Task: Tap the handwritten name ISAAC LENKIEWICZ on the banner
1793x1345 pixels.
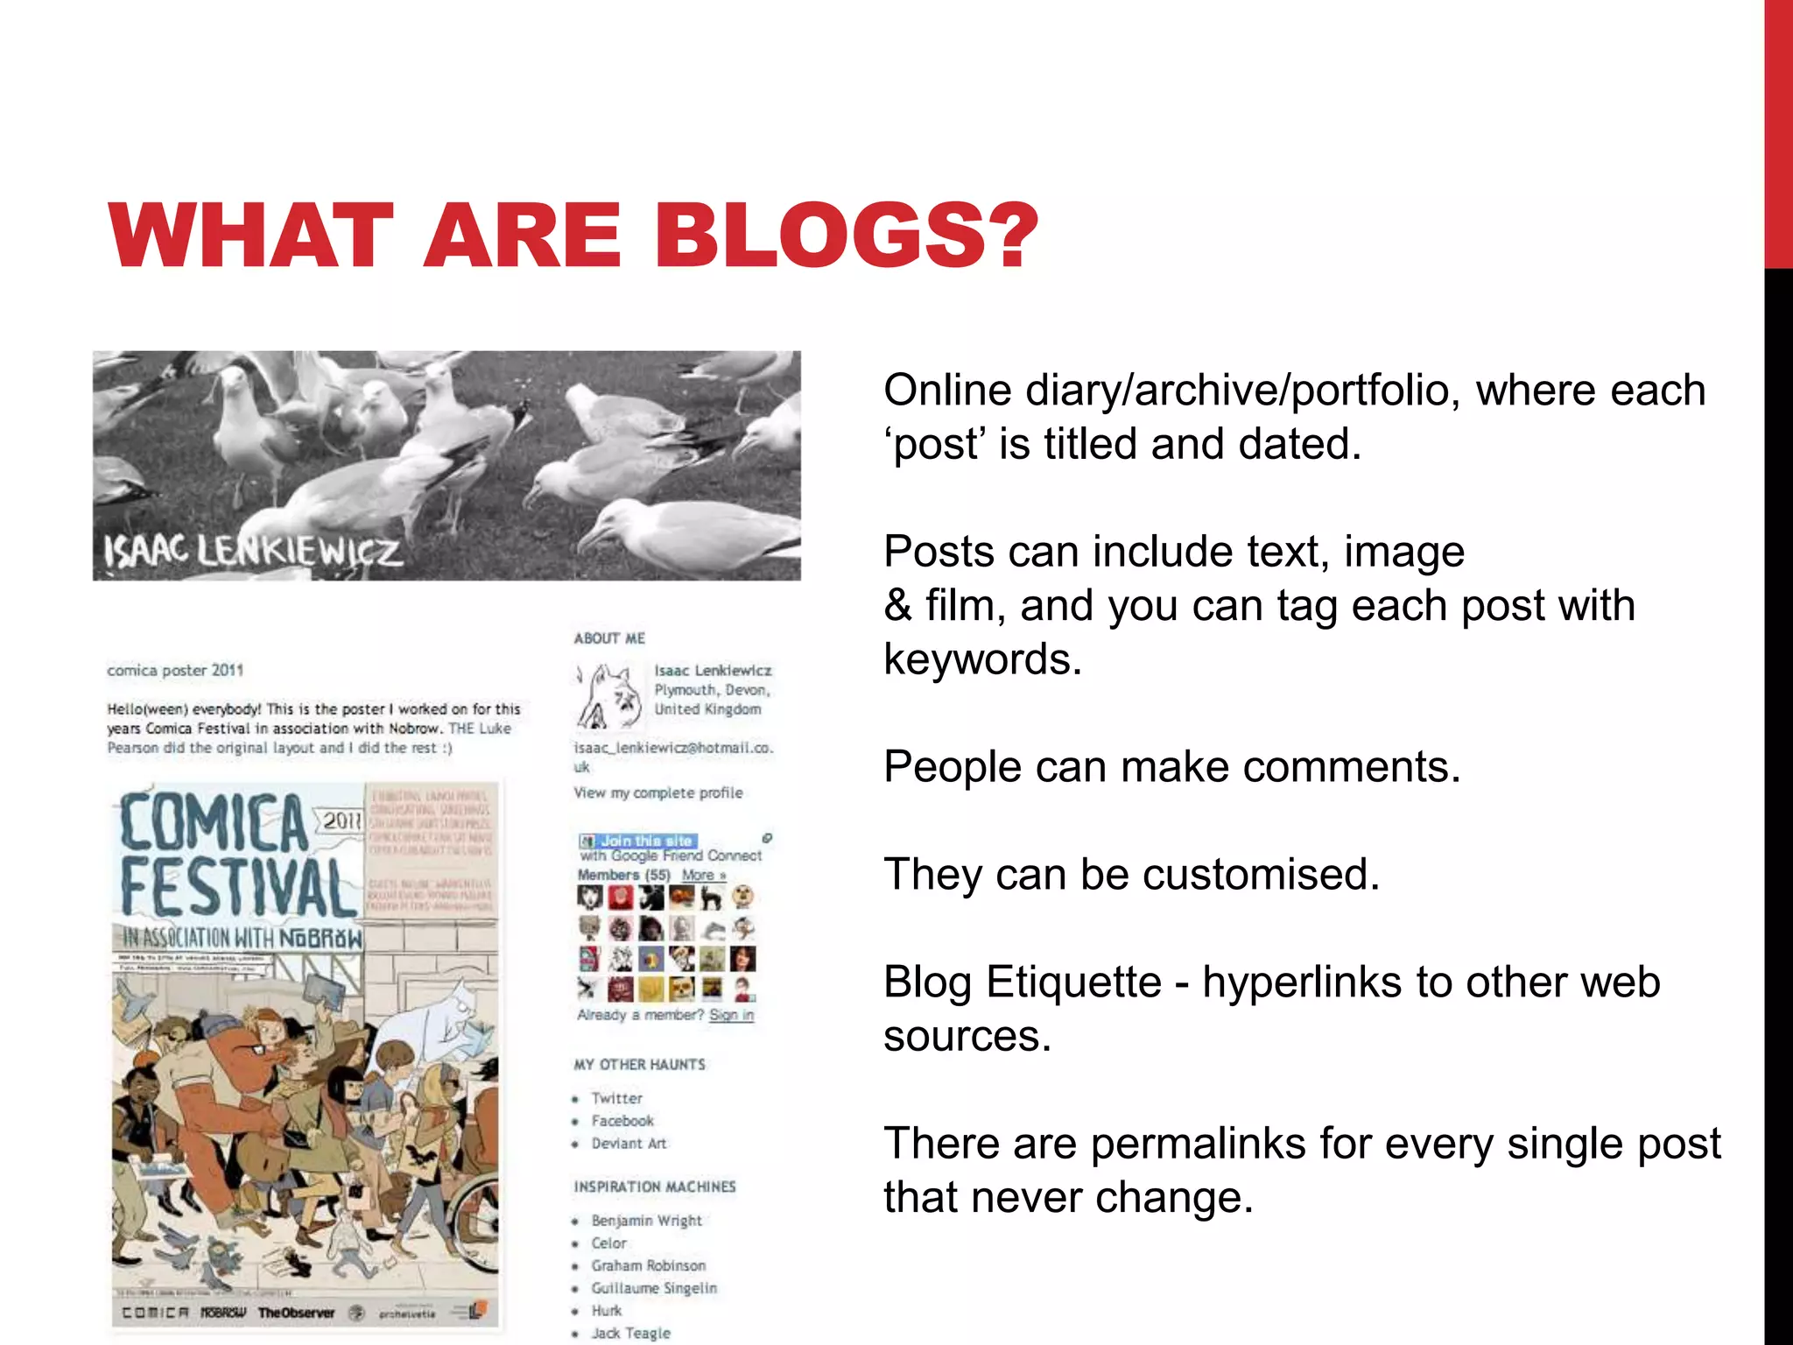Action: pos(253,552)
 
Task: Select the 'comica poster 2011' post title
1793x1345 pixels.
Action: pos(175,671)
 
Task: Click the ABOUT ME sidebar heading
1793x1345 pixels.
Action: pos(609,638)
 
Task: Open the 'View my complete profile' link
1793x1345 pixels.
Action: pos(657,792)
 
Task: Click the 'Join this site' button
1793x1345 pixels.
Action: pos(645,841)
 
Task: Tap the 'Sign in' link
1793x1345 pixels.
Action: pos(731,1015)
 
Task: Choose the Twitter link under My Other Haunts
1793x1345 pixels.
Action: pos(616,1098)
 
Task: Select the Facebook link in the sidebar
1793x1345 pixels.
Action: pos(622,1121)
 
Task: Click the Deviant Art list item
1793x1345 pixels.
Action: pos(629,1144)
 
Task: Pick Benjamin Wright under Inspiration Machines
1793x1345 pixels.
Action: pos(646,1221)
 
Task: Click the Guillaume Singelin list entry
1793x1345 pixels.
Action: pos(653,1288)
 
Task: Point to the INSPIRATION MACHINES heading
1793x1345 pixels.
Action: pos(655,1187)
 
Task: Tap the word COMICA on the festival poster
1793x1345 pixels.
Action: pos(214,823)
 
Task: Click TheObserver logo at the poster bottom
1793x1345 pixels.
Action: pos(296,1313)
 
